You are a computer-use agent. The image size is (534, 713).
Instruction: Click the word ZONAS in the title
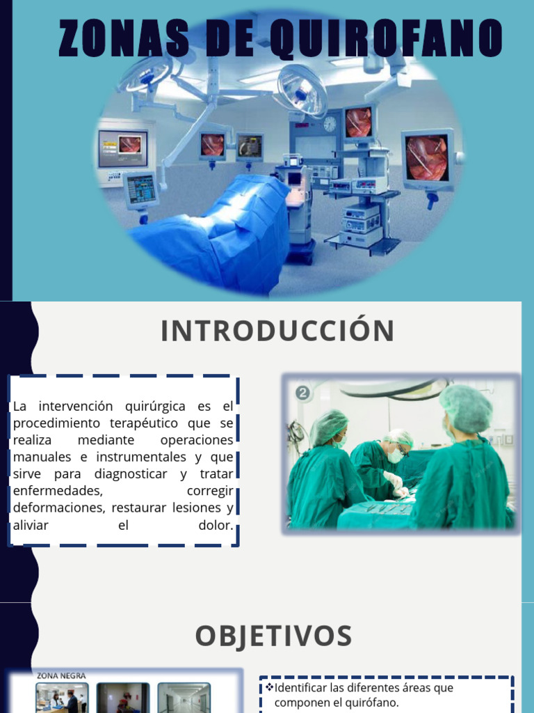[123, 38]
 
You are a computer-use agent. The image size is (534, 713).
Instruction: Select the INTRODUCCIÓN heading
[277, 331]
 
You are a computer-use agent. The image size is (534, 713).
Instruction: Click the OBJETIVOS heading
[273, 636]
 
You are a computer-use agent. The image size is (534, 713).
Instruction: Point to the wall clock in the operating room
[330, 124]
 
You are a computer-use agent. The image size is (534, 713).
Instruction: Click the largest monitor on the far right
[427, 157]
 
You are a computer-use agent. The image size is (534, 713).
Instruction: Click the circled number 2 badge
[303, 393]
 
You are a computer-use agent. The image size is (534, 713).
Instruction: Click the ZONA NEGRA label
[61, 675]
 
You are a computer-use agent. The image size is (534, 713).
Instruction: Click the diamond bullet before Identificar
[270, 688]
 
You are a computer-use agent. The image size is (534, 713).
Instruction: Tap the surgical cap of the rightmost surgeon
[465, 407]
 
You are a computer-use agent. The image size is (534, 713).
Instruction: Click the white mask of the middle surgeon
[395, 455]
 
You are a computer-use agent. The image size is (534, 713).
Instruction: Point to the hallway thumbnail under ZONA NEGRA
[184, 698]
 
